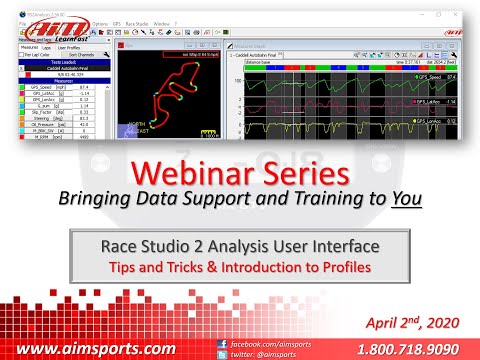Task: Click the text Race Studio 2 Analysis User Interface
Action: pyautogui.click(x=241, y=245)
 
